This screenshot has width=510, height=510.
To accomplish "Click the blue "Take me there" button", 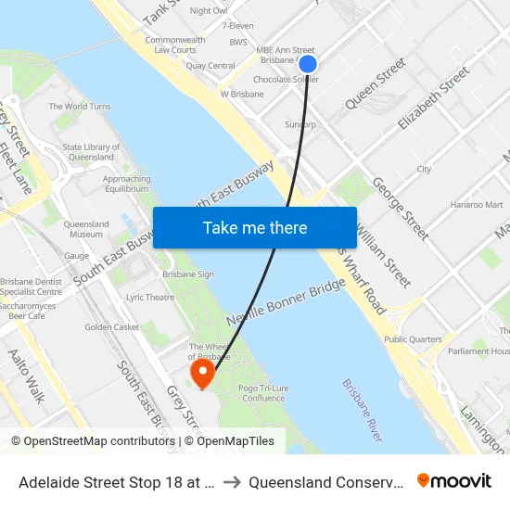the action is tap(255, 228).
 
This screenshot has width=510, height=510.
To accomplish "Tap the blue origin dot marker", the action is tap(308, 64).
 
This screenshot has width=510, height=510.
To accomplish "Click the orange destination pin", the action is tap(201, 374).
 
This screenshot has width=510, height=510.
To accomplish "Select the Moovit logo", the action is tap(454, 480).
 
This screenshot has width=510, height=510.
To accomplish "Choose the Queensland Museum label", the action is tap(86, 229).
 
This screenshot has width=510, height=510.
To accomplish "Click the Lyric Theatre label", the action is tap(149, 298).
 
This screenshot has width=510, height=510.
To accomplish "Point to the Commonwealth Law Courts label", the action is tap(174, 45).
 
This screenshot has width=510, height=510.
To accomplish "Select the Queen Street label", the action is tap(376, 83).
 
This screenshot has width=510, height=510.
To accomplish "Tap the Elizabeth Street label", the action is tap(433, 96).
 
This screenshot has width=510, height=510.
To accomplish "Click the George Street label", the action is tap(401, 210).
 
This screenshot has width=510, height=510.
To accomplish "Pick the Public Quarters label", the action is tap(413, 339).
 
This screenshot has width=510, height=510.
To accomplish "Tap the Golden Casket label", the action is tap(111, 327).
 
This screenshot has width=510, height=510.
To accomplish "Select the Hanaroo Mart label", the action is tap(476, 204).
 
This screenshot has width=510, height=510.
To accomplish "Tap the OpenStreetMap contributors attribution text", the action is tap(93, 441).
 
